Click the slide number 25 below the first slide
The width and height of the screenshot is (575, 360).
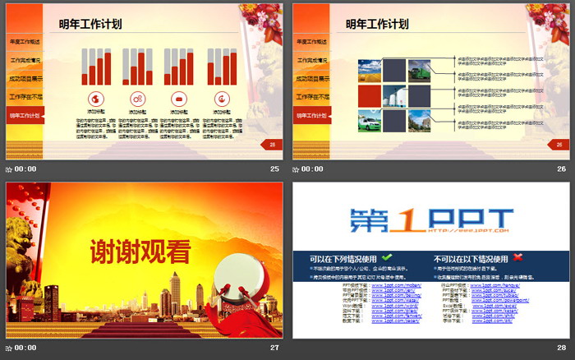tap(274, 168)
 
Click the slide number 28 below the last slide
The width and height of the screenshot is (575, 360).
tap(561, 348)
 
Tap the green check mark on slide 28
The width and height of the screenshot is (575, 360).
tap(387, 258)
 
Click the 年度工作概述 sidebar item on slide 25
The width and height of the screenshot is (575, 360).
tap(24, 42)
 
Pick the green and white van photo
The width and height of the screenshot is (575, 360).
tap(369, 121)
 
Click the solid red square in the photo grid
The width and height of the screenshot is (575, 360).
tap(369, 95)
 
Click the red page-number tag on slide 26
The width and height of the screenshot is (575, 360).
tap(559, 145)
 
